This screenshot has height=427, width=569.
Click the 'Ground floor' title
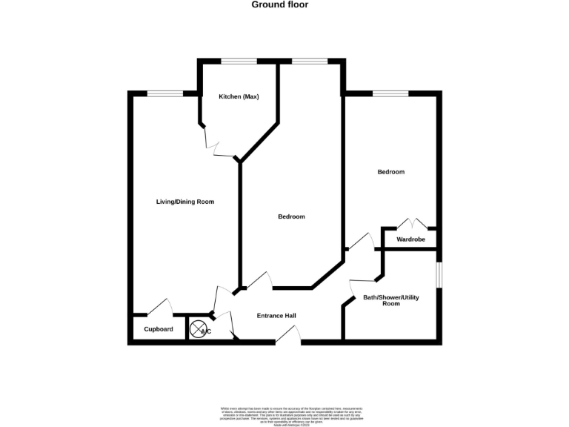point(279,4)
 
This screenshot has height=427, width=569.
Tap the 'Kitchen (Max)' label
point(239,97)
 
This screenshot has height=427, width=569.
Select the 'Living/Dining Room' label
point(185,202)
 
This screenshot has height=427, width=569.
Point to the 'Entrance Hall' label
point(276,316)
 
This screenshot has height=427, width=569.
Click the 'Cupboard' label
point(159,329)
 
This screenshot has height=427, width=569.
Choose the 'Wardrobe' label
point(410,239)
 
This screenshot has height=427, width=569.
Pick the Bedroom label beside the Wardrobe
point(391,172)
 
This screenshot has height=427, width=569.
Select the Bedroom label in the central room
point(291,216)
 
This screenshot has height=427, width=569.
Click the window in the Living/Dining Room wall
point(164,93)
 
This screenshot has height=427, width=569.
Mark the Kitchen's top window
point(238,61)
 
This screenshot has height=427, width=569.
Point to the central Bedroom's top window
point(310,61)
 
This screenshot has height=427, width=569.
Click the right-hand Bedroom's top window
point(390,93)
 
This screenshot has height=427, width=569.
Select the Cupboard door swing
point(159,307)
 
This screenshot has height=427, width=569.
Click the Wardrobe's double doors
point(412,223)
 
